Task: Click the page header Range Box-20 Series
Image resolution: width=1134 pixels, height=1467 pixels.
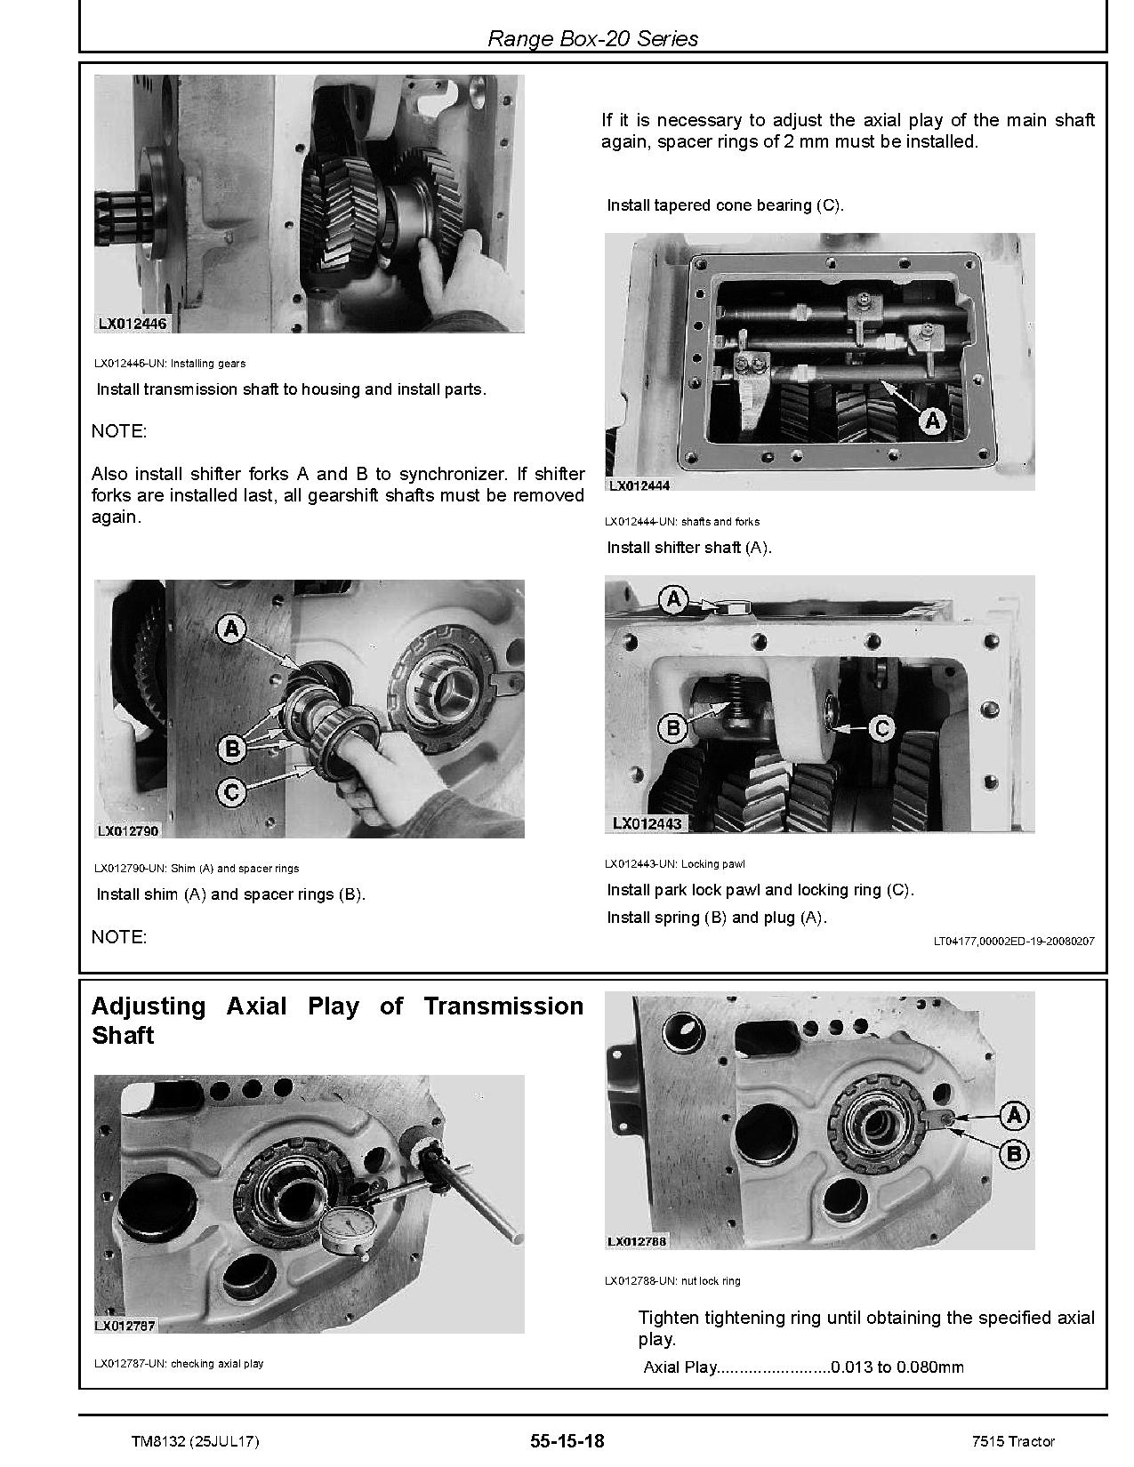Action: (x=593, y=39)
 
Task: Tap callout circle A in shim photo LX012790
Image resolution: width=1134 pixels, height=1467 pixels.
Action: (x=231, y=630)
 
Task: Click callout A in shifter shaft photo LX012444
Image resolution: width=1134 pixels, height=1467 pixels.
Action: (x=931, y=420)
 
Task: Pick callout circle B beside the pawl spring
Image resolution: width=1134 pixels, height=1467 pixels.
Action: (x=673, y=729)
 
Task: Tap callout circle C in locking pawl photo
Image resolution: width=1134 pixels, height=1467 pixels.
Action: (x=881, y=729)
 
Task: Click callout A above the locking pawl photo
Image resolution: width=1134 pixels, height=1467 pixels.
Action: (x=673, y=600)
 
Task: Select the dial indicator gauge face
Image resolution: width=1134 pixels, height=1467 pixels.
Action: (x=345, y=1228)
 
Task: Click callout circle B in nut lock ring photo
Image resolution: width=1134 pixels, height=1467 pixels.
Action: (x=1014, y=1155)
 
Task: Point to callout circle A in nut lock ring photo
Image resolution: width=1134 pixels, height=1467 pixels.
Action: (x=1014, y=1115)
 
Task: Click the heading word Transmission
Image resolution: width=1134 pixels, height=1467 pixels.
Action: (x=503, y=1006)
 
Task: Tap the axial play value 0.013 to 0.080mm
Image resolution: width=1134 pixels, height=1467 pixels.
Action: (x=897, y=1367)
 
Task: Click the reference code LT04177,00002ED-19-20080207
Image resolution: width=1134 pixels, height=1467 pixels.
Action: (x=1014, y=941)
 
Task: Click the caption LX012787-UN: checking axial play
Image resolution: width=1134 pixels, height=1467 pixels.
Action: (x=179, y=1363)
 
